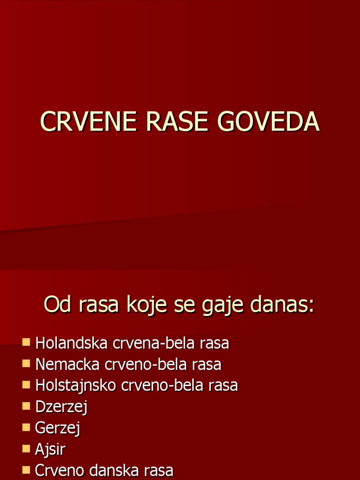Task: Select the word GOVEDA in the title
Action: [x=268, y=122]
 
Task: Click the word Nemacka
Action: [x=68, y=364]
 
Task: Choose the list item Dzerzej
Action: [x=61, y=407]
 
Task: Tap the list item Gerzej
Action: [x=58, y=428]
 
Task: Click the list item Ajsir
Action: [x=50, y=449]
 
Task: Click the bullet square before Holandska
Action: [x=26, y=342]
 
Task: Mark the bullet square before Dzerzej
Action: [x=26, y=406]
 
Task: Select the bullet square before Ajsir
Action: [x=26, y=448]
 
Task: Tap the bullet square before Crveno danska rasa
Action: [x=26, y=469]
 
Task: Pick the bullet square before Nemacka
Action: [x=26, y=363]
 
